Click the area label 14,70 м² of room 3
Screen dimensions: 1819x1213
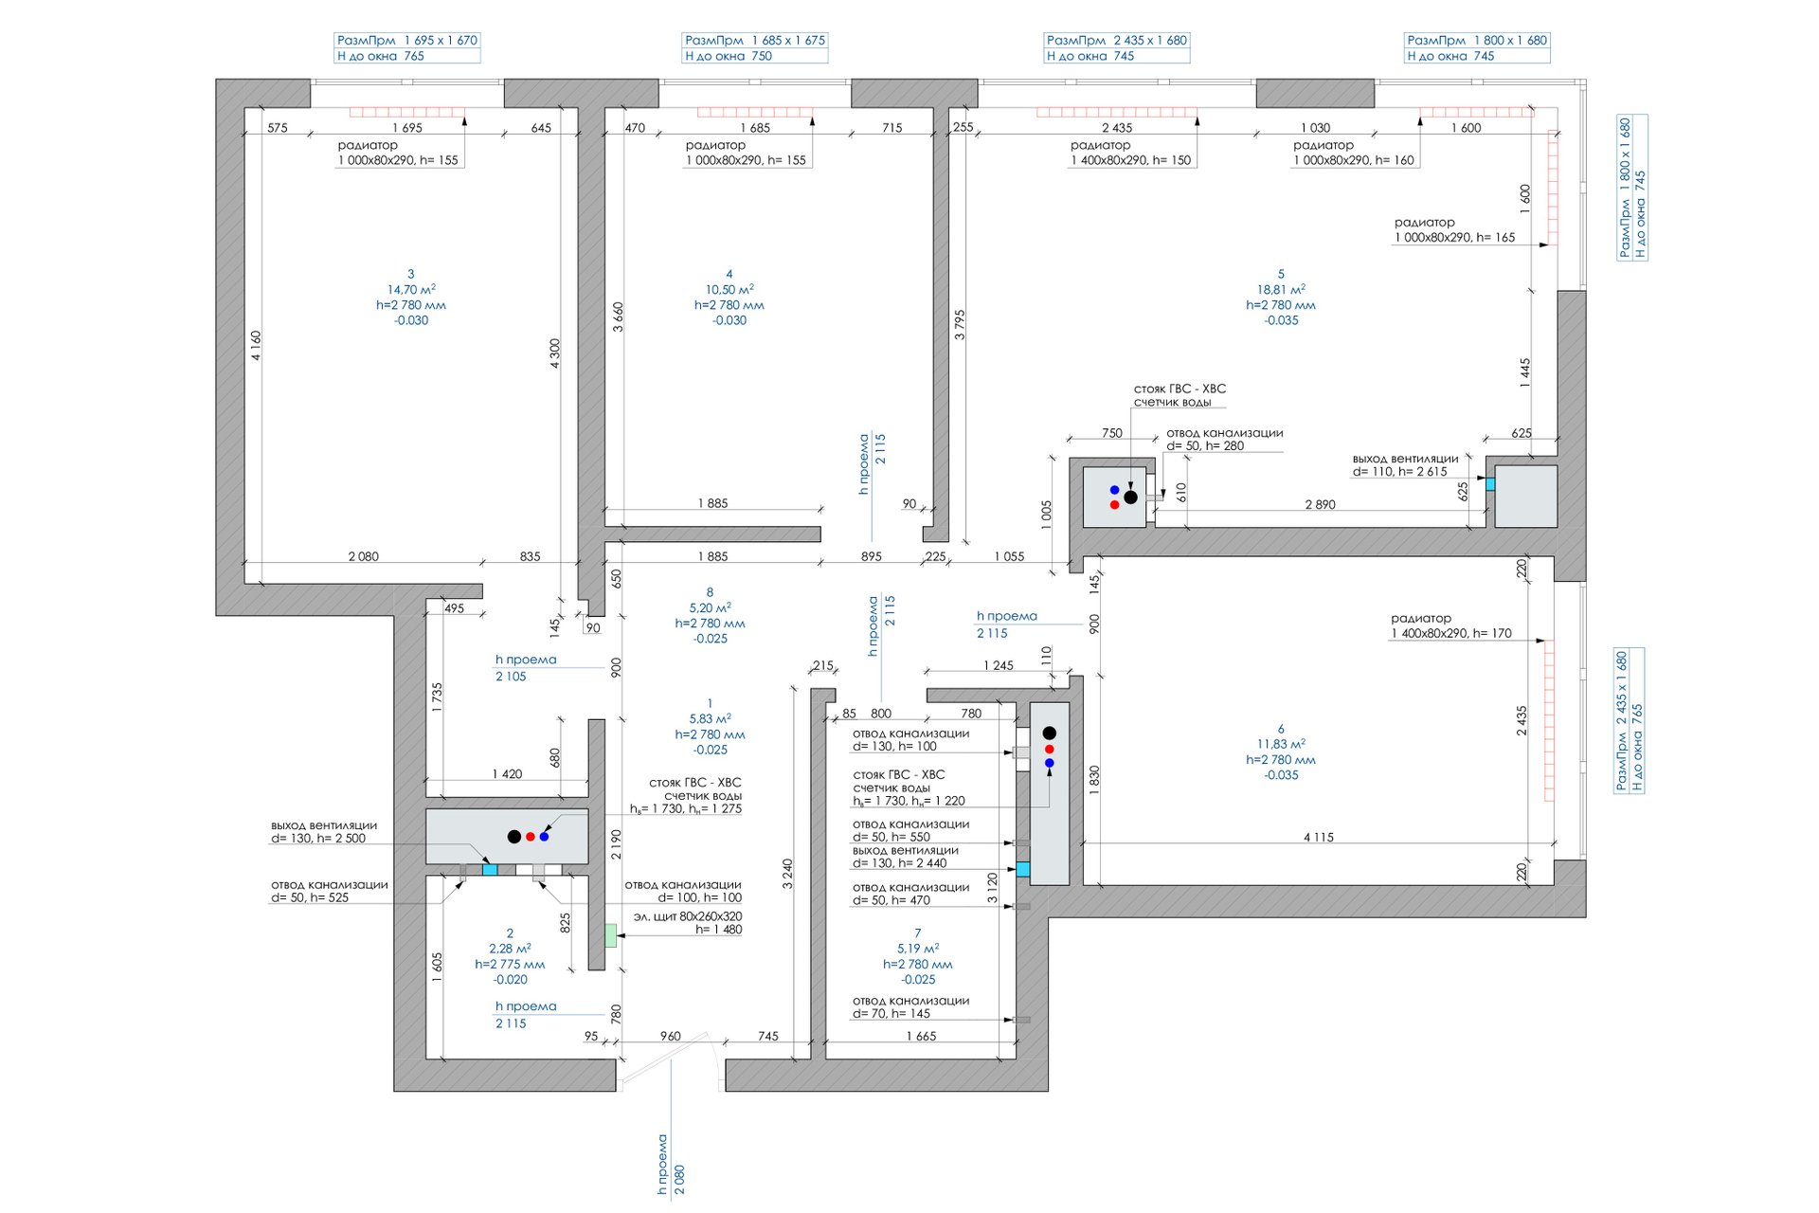tap(411, 290)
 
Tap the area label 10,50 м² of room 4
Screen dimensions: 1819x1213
tap(729, 290)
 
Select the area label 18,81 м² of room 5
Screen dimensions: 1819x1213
tap(1281, 290)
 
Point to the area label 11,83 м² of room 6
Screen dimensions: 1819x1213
tap(1281, 744)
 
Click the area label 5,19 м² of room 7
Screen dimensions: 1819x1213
tap(918, 949)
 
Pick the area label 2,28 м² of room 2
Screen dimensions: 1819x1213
tap(510, 949)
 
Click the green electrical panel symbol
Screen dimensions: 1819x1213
tap(611, 935)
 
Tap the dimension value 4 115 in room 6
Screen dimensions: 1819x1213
tap(1319, 838)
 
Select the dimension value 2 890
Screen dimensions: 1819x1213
tap(1320, 505)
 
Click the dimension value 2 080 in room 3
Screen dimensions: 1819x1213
tap(364, 557)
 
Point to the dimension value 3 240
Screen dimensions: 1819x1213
tap(787, 874)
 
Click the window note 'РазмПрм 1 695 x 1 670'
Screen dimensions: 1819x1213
tap(407, 41)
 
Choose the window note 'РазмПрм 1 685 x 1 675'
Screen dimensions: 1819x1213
tap(755, 41)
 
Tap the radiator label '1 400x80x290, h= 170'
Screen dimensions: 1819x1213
tap(1451, 634)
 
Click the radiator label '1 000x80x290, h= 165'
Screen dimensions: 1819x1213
tap(1455, 238)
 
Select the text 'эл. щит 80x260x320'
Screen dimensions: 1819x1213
tap(688, 916)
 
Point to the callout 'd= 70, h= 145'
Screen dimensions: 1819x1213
tap(891, 1014)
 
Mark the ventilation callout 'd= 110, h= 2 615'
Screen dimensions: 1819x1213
tap(1400, 472)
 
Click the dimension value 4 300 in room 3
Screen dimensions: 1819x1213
tap(555, 353)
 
